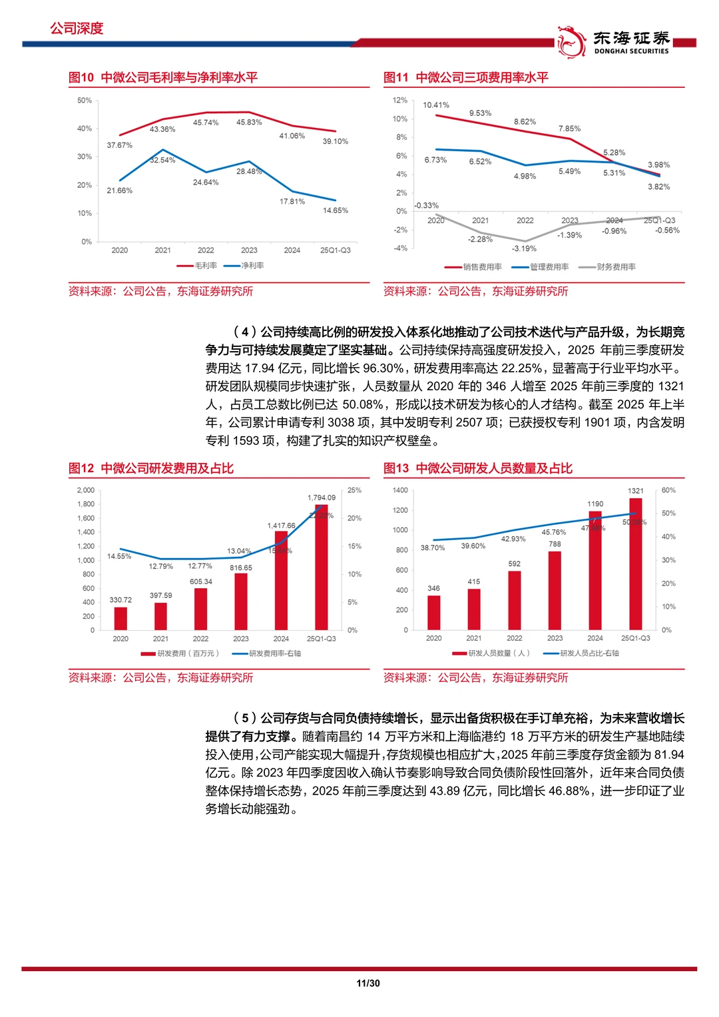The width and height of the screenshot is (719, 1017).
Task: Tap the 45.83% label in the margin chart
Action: click(x=249, y=123)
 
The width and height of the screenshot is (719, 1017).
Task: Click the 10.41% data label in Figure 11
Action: click(x=436, y=105)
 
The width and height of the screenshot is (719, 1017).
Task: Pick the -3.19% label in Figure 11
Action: click(x=524, y=248)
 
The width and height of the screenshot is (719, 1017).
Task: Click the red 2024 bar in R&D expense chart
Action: click(x=281, y=580)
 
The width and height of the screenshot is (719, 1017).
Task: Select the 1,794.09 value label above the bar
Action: click(x=322, y=498)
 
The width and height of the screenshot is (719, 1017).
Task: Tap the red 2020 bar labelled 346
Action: click(x=433, y=612)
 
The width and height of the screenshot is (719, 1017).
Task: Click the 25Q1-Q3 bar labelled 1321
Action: click(x=636, y=563)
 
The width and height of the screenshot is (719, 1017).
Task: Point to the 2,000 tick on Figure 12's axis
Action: click(x=86, y=490)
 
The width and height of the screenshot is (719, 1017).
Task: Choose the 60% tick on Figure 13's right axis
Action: click(x=668, y=490)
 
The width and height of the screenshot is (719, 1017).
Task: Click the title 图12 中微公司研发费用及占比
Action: click(x=151, y=468)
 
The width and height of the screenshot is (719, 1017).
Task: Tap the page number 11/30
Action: click(x=368, y=983)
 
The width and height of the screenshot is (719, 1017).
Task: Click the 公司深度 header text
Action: click(x=77, y=29)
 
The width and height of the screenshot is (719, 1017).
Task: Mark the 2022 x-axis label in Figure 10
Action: click(x=206, y=250)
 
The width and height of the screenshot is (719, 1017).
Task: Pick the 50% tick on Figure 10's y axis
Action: click(x=85, y=101)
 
